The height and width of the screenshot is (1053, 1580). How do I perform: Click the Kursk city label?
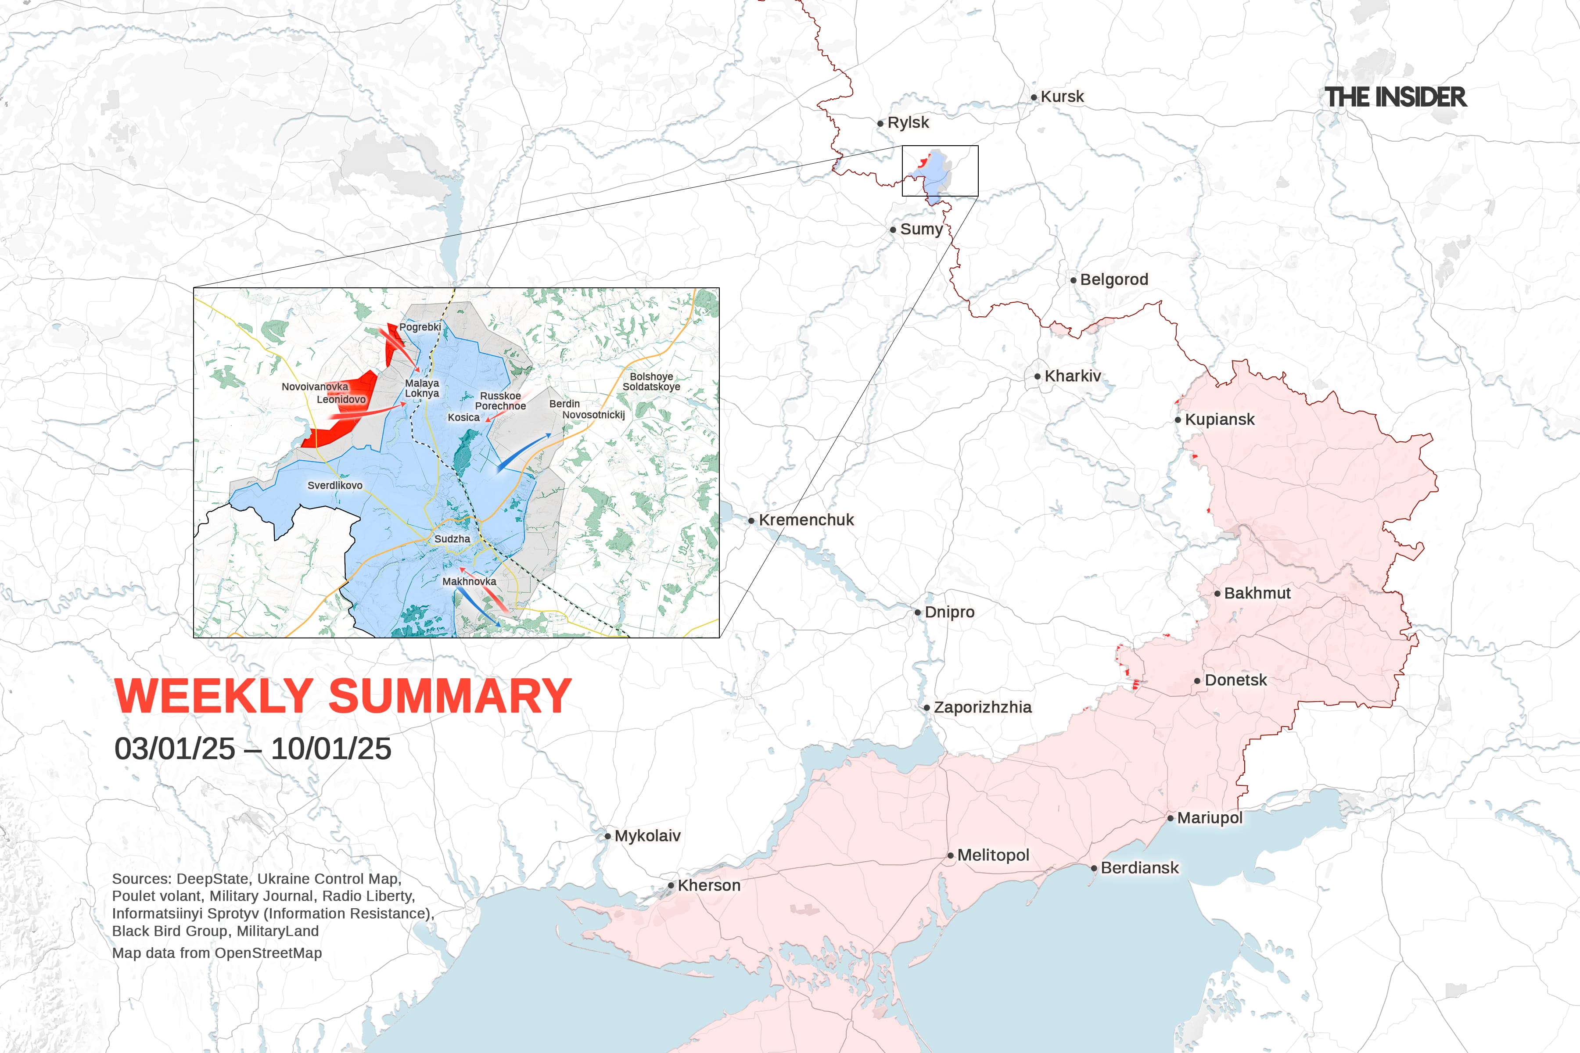click(x=1062, y=97)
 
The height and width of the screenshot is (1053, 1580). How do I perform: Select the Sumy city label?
click(x=921, y=229)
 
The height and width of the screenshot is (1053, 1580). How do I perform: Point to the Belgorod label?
click(x=1114, y=279)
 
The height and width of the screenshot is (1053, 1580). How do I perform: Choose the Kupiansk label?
click(x=1219, y=420)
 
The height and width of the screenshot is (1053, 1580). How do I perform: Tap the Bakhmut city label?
click(x=1257, y=594)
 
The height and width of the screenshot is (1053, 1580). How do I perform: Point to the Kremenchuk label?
click(x=806, y=520)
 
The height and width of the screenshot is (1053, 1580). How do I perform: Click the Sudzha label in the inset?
click(x=452, y=539)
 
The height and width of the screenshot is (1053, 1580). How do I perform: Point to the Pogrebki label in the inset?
click(x=420, y=327)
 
